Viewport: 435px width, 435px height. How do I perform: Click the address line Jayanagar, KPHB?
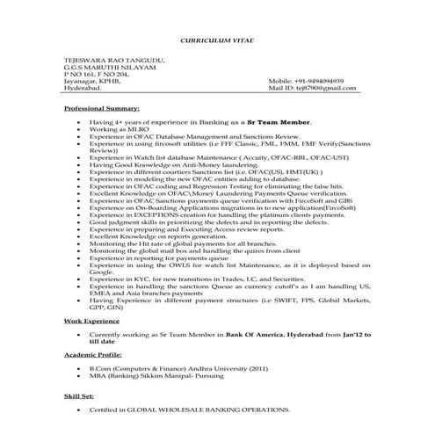tap(96, 80)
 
